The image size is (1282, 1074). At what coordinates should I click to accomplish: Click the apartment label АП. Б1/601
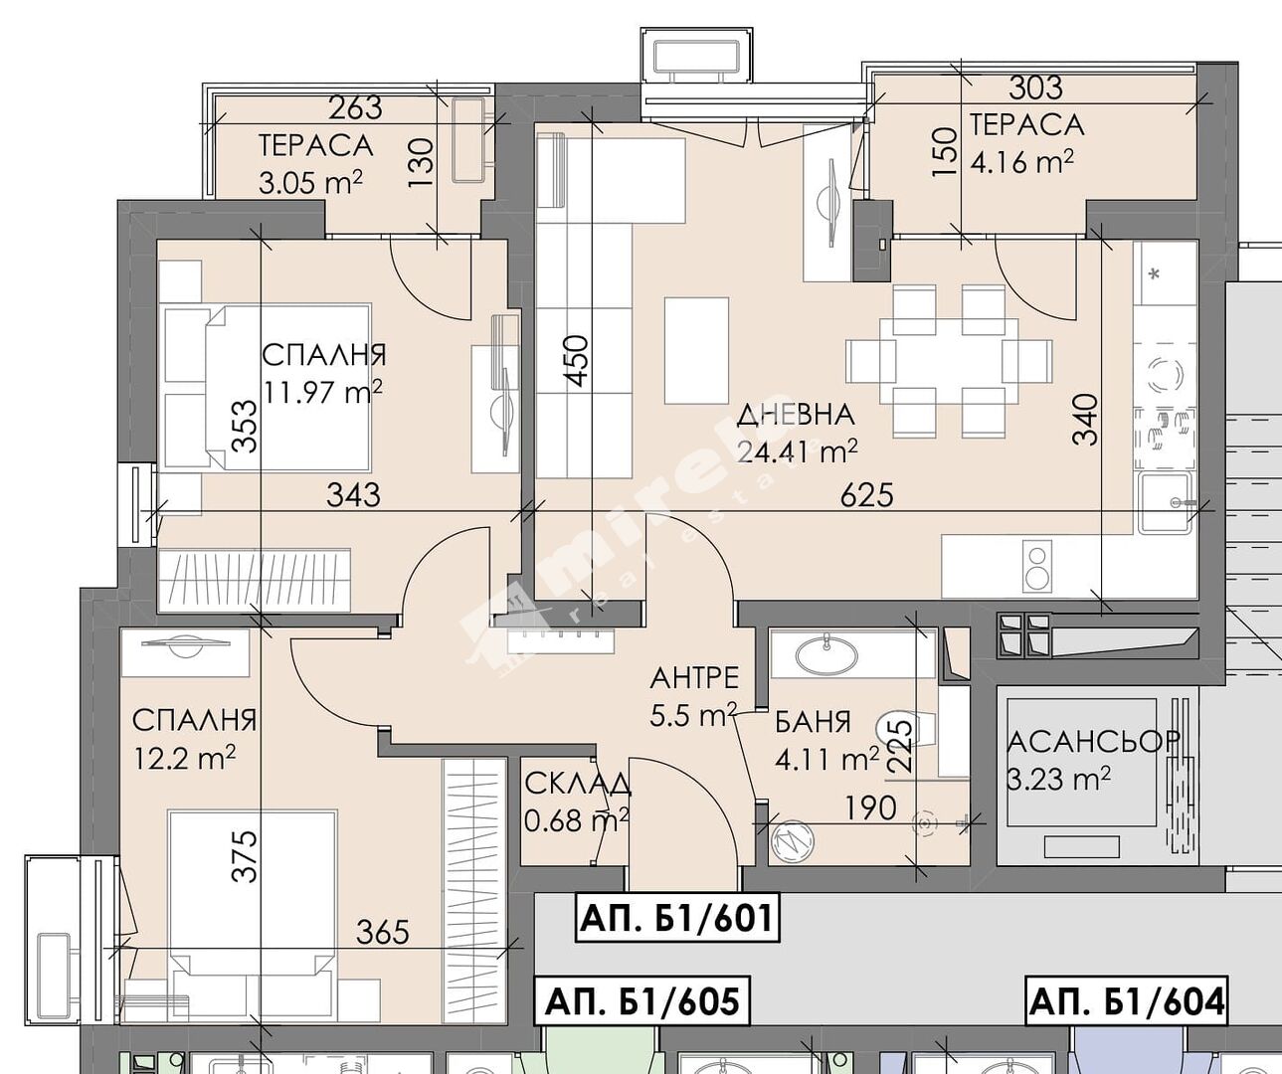tap(677, 919)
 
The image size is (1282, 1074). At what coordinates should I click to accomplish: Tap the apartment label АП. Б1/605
tap(642, 1002)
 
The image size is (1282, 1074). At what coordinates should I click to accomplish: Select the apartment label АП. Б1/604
tap(1127, 1002)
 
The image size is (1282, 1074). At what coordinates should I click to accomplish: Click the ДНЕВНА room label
tap(796, 415)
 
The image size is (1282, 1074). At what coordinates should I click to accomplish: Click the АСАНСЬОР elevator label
tap(1093, 742)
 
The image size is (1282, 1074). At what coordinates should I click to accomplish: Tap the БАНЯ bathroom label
tap(813, 722)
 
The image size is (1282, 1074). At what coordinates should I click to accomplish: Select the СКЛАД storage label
tap(577, 785)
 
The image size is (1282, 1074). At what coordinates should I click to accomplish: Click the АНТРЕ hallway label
tap(694, 678)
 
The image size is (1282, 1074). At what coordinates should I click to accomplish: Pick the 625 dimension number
tap(867, 494)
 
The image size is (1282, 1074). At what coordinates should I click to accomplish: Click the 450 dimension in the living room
tap(578, 361)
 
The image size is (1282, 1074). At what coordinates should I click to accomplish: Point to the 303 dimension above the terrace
tap(1035, 88)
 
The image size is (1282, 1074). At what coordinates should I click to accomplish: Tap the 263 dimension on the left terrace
tap(355, 108)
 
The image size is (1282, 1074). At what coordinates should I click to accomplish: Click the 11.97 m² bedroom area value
tap(323, 392)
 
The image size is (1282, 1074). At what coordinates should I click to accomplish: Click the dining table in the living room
tap(948, 361)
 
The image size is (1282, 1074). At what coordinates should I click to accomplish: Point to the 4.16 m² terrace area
tap(1022, 163)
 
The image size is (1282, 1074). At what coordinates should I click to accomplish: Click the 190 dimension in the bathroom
tap(870, 808)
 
